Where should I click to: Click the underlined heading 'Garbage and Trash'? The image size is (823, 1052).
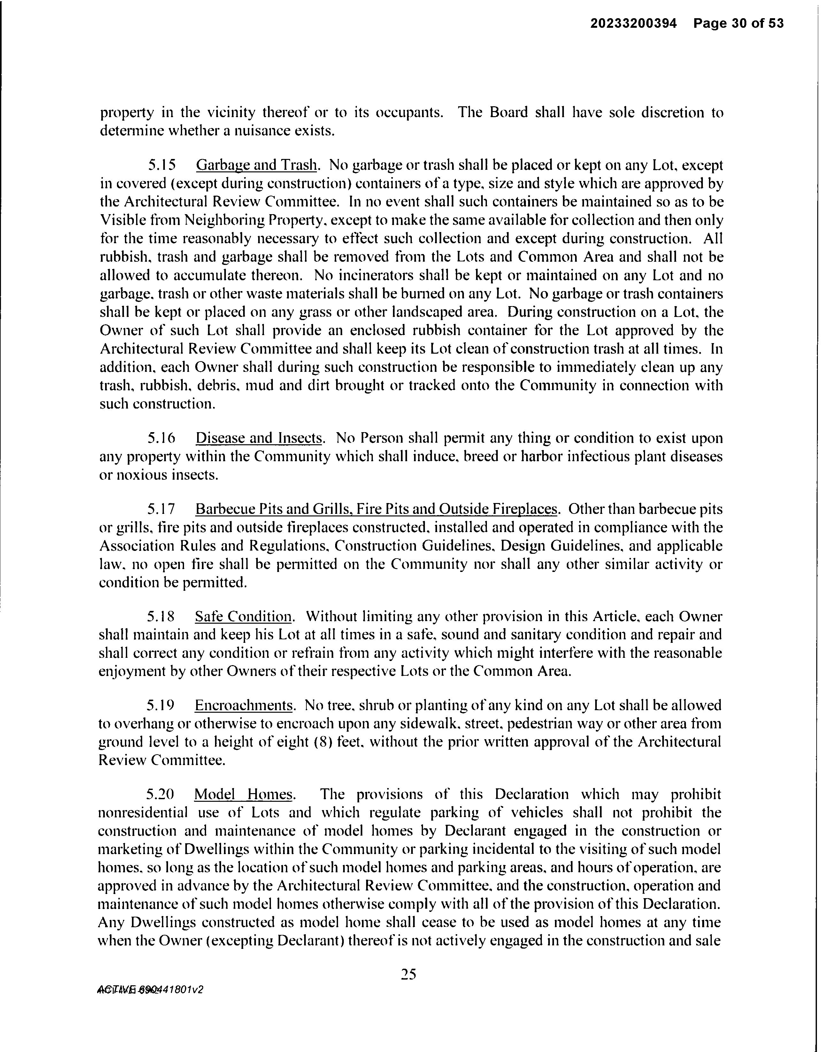point(257,165)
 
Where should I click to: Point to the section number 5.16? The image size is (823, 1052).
point(161,438)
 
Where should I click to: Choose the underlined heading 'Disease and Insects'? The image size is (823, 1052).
point(259,438)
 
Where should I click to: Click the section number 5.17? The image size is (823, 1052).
point(161,509)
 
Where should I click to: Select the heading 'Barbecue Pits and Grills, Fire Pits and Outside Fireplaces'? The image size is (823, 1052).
point(376,509)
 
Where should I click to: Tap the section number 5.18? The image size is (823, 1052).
point(161,617)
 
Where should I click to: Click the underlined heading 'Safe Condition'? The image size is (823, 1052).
point(243,617)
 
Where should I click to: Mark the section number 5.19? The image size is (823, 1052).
point(161,706)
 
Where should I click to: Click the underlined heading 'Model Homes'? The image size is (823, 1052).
point(243,794)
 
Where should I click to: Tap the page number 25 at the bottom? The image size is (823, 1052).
point(408,974)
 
